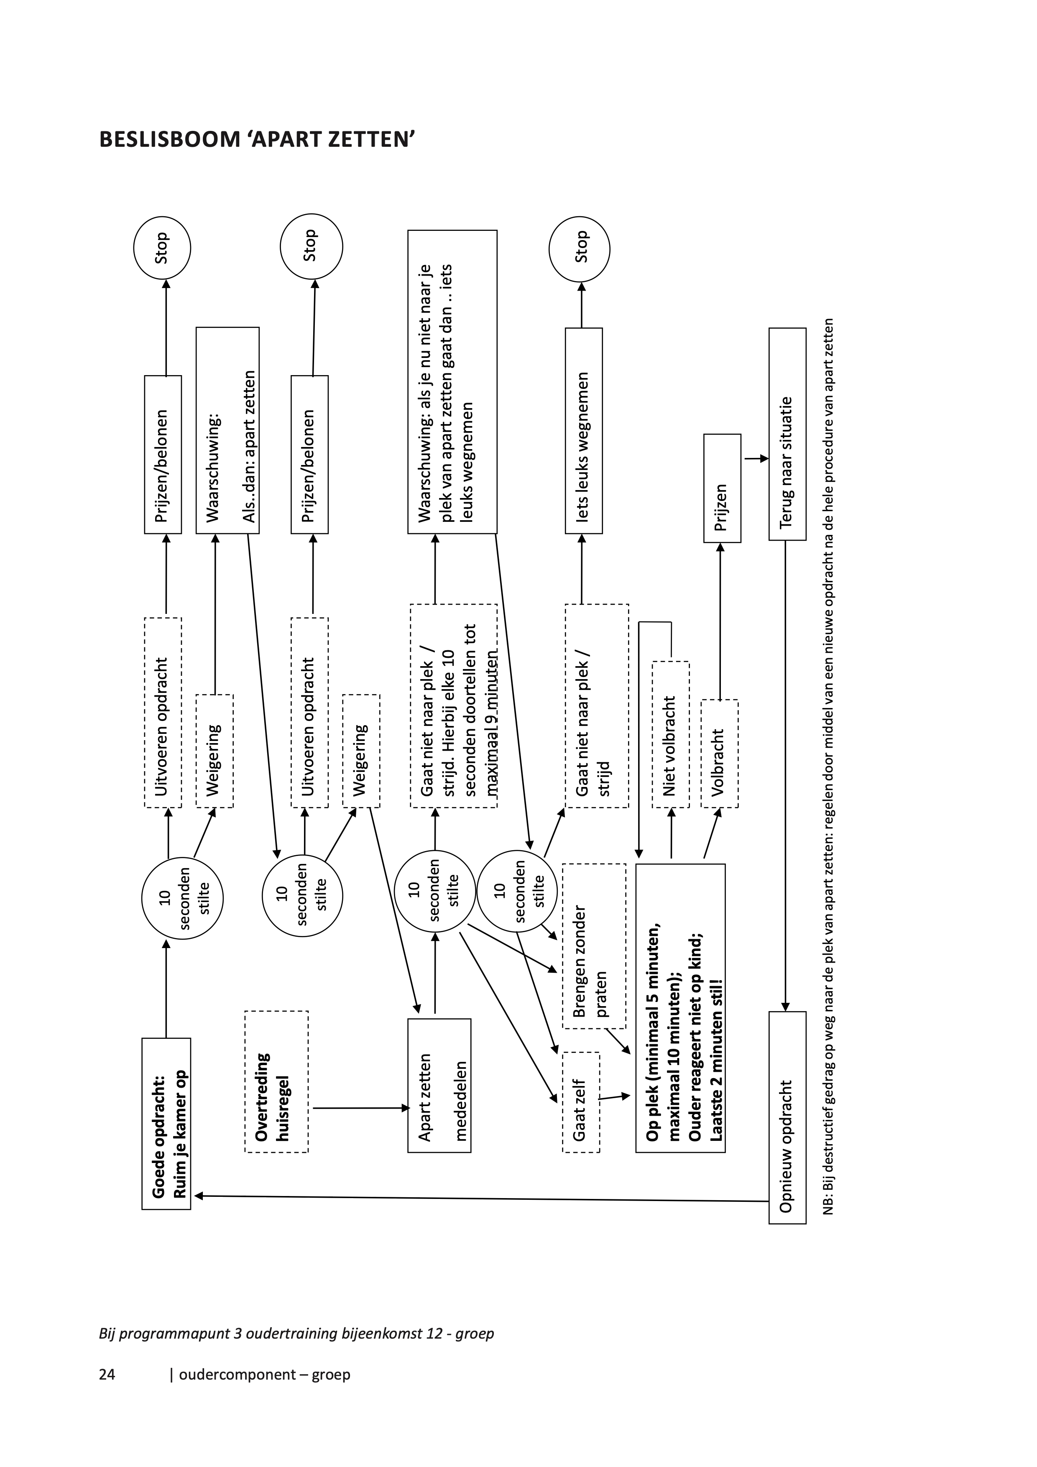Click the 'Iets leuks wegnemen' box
coord(583,431)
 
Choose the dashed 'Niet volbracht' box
coord(670,735)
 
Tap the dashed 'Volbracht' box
coord(720,754)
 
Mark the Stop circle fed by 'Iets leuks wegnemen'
coord(580,248)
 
